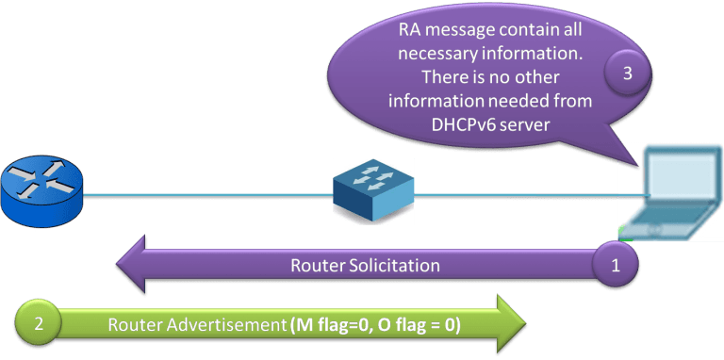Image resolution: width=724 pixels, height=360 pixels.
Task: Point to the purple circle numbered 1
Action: pos(617,265)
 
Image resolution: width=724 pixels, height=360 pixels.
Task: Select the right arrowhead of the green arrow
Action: pos(510,324)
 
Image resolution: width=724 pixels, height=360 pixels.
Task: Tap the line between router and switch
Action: pos(207,197)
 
